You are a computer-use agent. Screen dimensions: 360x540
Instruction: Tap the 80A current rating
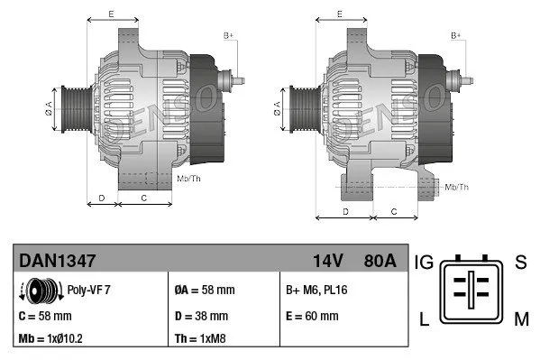[x=378, y=261]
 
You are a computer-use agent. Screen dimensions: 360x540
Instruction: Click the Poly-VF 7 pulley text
[x=89, y=291]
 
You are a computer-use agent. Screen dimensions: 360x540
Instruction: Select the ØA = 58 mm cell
[x=204, y=291]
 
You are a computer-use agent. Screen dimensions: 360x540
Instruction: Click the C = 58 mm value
[x=44, y=316]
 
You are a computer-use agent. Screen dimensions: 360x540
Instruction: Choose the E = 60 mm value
[x=311, y=316]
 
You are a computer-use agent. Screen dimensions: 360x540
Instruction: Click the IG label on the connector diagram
[x=425, y=263]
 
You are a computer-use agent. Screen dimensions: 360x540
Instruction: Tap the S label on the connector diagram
[x=519, y=263]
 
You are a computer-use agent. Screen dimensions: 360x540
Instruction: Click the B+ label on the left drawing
[x=228, y=34]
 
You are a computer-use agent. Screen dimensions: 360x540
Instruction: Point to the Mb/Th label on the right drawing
[x=457, y=187]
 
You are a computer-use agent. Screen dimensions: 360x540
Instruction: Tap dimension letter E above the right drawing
[x=339, y=14]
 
